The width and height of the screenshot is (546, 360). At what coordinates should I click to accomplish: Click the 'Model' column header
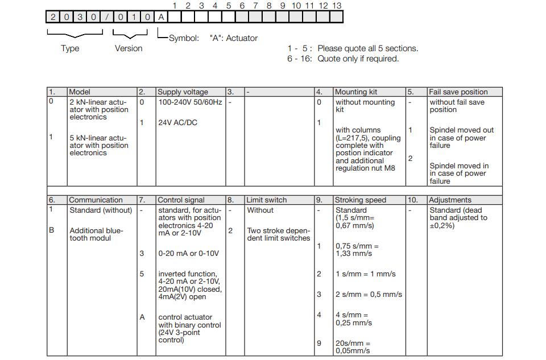(80, 92)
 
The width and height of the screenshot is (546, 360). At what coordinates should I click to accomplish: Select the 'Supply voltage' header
(183, 92)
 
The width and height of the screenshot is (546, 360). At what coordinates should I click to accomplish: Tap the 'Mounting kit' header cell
(355, 92)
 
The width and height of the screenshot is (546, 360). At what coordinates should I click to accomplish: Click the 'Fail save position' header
(458, 92)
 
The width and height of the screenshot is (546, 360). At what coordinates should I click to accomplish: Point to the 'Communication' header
(96, 200)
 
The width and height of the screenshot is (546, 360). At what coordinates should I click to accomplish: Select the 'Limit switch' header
(266, 200)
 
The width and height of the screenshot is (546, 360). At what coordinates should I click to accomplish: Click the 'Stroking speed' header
(360, 200)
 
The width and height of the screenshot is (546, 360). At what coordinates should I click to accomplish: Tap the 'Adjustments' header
(449, 200)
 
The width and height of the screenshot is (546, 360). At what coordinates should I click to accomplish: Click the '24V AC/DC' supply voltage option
(177, 122)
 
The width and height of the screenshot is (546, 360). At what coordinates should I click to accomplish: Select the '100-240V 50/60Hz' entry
(190, 102)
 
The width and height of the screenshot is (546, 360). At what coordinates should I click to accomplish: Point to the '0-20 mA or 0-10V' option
(188, 254)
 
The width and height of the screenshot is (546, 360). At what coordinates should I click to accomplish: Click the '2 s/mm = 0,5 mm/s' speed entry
(369, 294)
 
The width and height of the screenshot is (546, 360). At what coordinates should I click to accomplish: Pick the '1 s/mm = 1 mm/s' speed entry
(365, 274)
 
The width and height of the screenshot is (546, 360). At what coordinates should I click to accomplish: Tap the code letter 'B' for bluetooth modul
(51, 230)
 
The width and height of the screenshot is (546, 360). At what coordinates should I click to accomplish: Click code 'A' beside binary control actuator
(142, 317)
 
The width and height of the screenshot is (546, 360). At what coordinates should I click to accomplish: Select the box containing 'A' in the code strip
(161, 17)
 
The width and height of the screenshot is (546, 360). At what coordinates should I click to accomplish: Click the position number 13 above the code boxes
(337, 5)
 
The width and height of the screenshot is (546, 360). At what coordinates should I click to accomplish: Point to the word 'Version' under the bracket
(129, 48)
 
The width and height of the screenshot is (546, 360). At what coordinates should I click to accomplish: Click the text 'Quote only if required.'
(358, 59)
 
